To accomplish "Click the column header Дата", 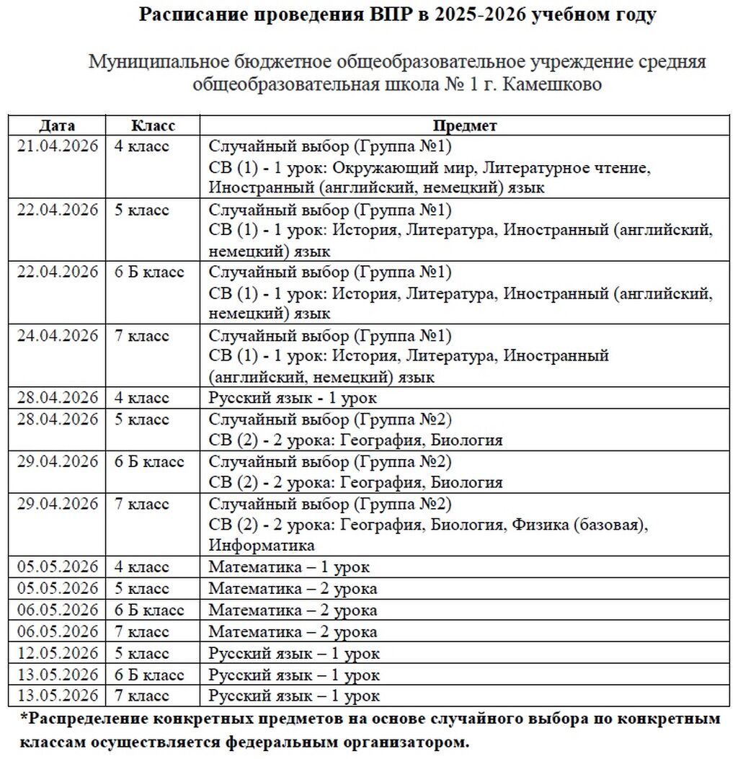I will click(x=57, y=125).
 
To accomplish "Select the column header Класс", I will click(x=153, y=125).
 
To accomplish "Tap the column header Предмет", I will click(x=465, y=125).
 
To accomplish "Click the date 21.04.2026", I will click(x=57, y=147).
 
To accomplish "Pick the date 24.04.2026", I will click(x=57, y=336).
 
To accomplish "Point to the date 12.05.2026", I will click(x=57, y=654).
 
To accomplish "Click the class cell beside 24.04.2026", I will click(x=142, y=336).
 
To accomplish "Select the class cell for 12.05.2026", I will click(x=142, y=654).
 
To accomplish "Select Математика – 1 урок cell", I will click(x=289, y=567).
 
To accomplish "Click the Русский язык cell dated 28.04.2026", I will click(x=293, y=398).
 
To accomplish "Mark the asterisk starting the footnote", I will click(x=25, y=719).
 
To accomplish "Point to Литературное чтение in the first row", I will click(x=566, y=168).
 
